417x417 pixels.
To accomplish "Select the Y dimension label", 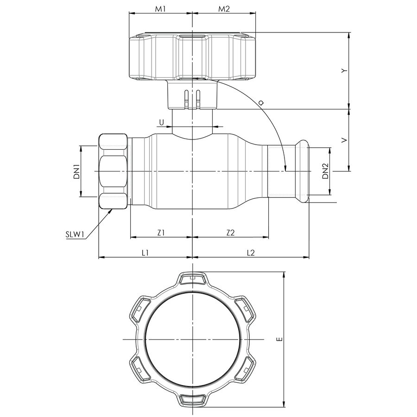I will [x=343, y=70].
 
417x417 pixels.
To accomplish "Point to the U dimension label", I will [x=161, y=122].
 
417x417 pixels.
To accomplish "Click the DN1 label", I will [x=77, y=171].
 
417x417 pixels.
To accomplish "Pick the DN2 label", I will [x=325, y=171].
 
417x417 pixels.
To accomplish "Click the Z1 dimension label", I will [x=161, y=233].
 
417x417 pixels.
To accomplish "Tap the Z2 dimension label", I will [x=230, y=233].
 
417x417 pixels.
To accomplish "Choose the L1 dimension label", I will [x=145, y=253].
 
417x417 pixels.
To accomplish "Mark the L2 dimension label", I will [x=251, y=253].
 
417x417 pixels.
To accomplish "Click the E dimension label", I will [x=279, y=339].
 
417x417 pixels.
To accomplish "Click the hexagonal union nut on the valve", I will [x=113, y=172].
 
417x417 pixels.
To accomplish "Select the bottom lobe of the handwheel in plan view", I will [x=192, y=400].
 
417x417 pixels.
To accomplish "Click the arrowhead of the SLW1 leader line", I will [x=112, y=210].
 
